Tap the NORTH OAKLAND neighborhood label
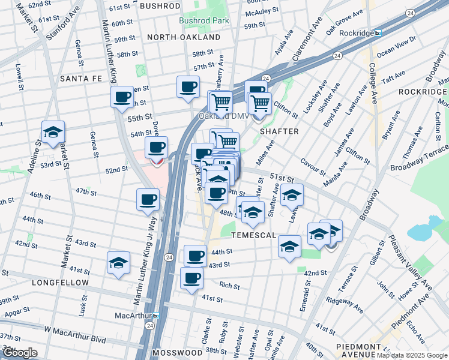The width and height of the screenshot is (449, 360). coord(184,37)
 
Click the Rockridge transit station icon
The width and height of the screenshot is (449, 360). coord(377,33)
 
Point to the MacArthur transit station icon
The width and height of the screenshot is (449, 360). coord(156,315)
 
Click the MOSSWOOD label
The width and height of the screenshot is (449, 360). coord(177,352)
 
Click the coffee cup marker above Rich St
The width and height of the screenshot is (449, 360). coord(191,278)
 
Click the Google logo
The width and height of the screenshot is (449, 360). coord(19,353)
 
